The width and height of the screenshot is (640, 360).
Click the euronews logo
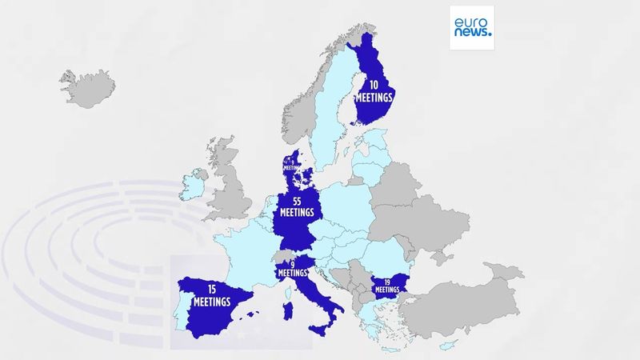pyautogui.click(x=471, y=28)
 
